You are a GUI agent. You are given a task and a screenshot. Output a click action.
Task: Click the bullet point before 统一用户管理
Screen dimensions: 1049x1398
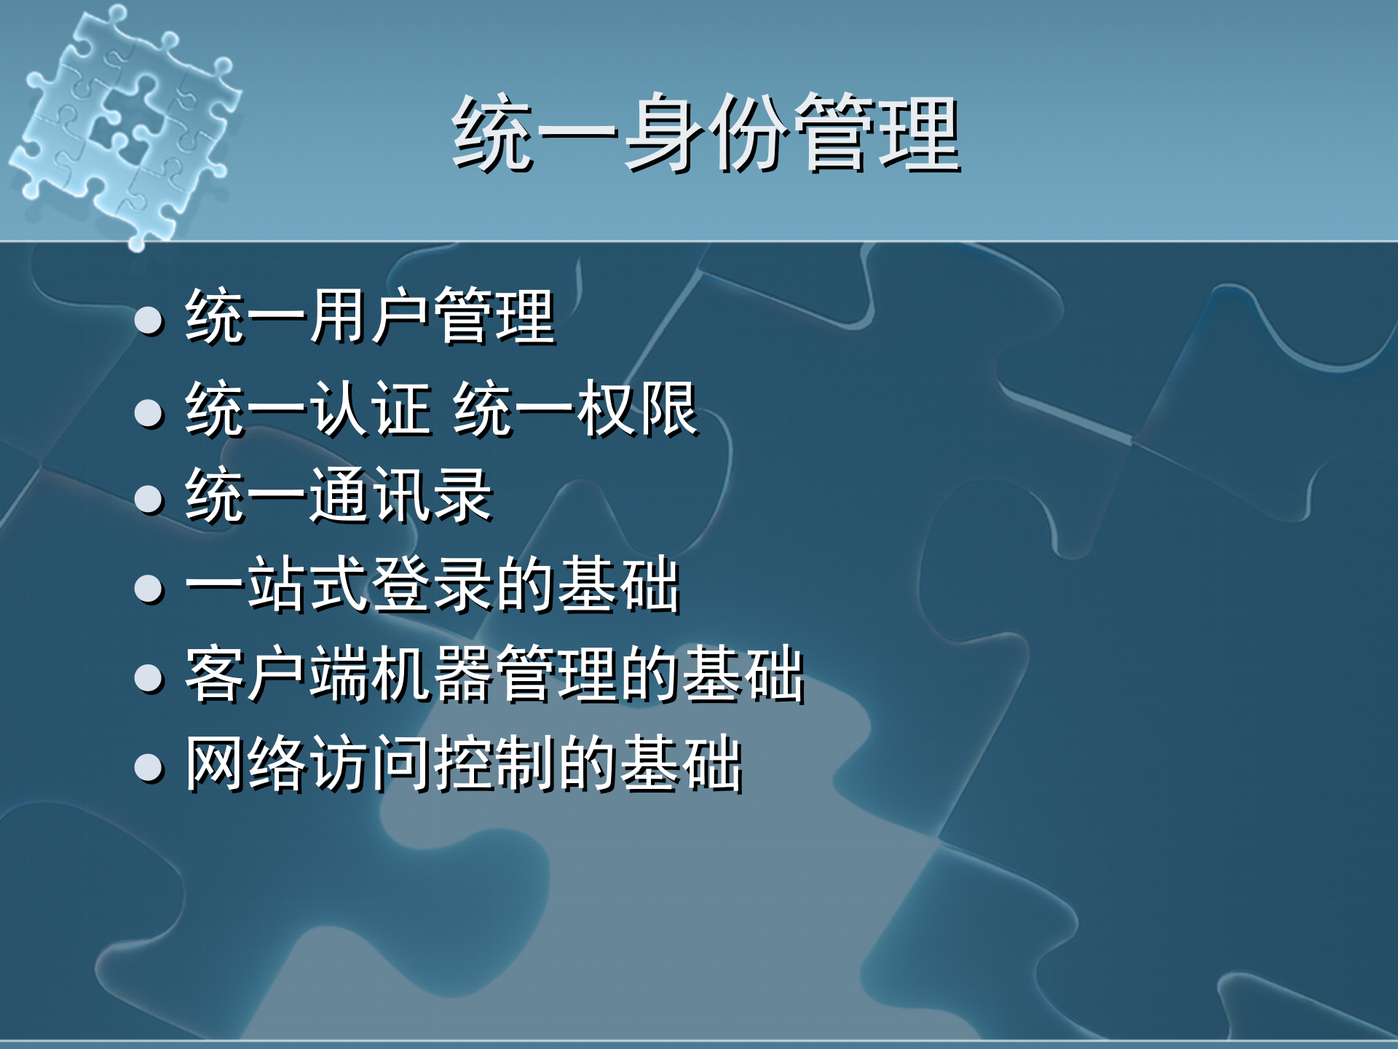[149, 321]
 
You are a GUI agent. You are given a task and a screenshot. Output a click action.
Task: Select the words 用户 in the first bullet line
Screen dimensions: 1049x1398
[370, 316]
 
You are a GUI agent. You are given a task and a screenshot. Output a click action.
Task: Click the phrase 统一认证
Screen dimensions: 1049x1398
[309, 409]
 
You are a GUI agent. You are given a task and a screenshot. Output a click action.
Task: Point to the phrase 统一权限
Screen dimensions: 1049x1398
[575, 409]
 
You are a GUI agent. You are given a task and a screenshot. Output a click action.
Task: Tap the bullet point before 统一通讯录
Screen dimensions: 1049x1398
[149, 500]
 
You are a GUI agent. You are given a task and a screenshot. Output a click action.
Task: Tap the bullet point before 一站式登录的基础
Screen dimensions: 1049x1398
[149, 589]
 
